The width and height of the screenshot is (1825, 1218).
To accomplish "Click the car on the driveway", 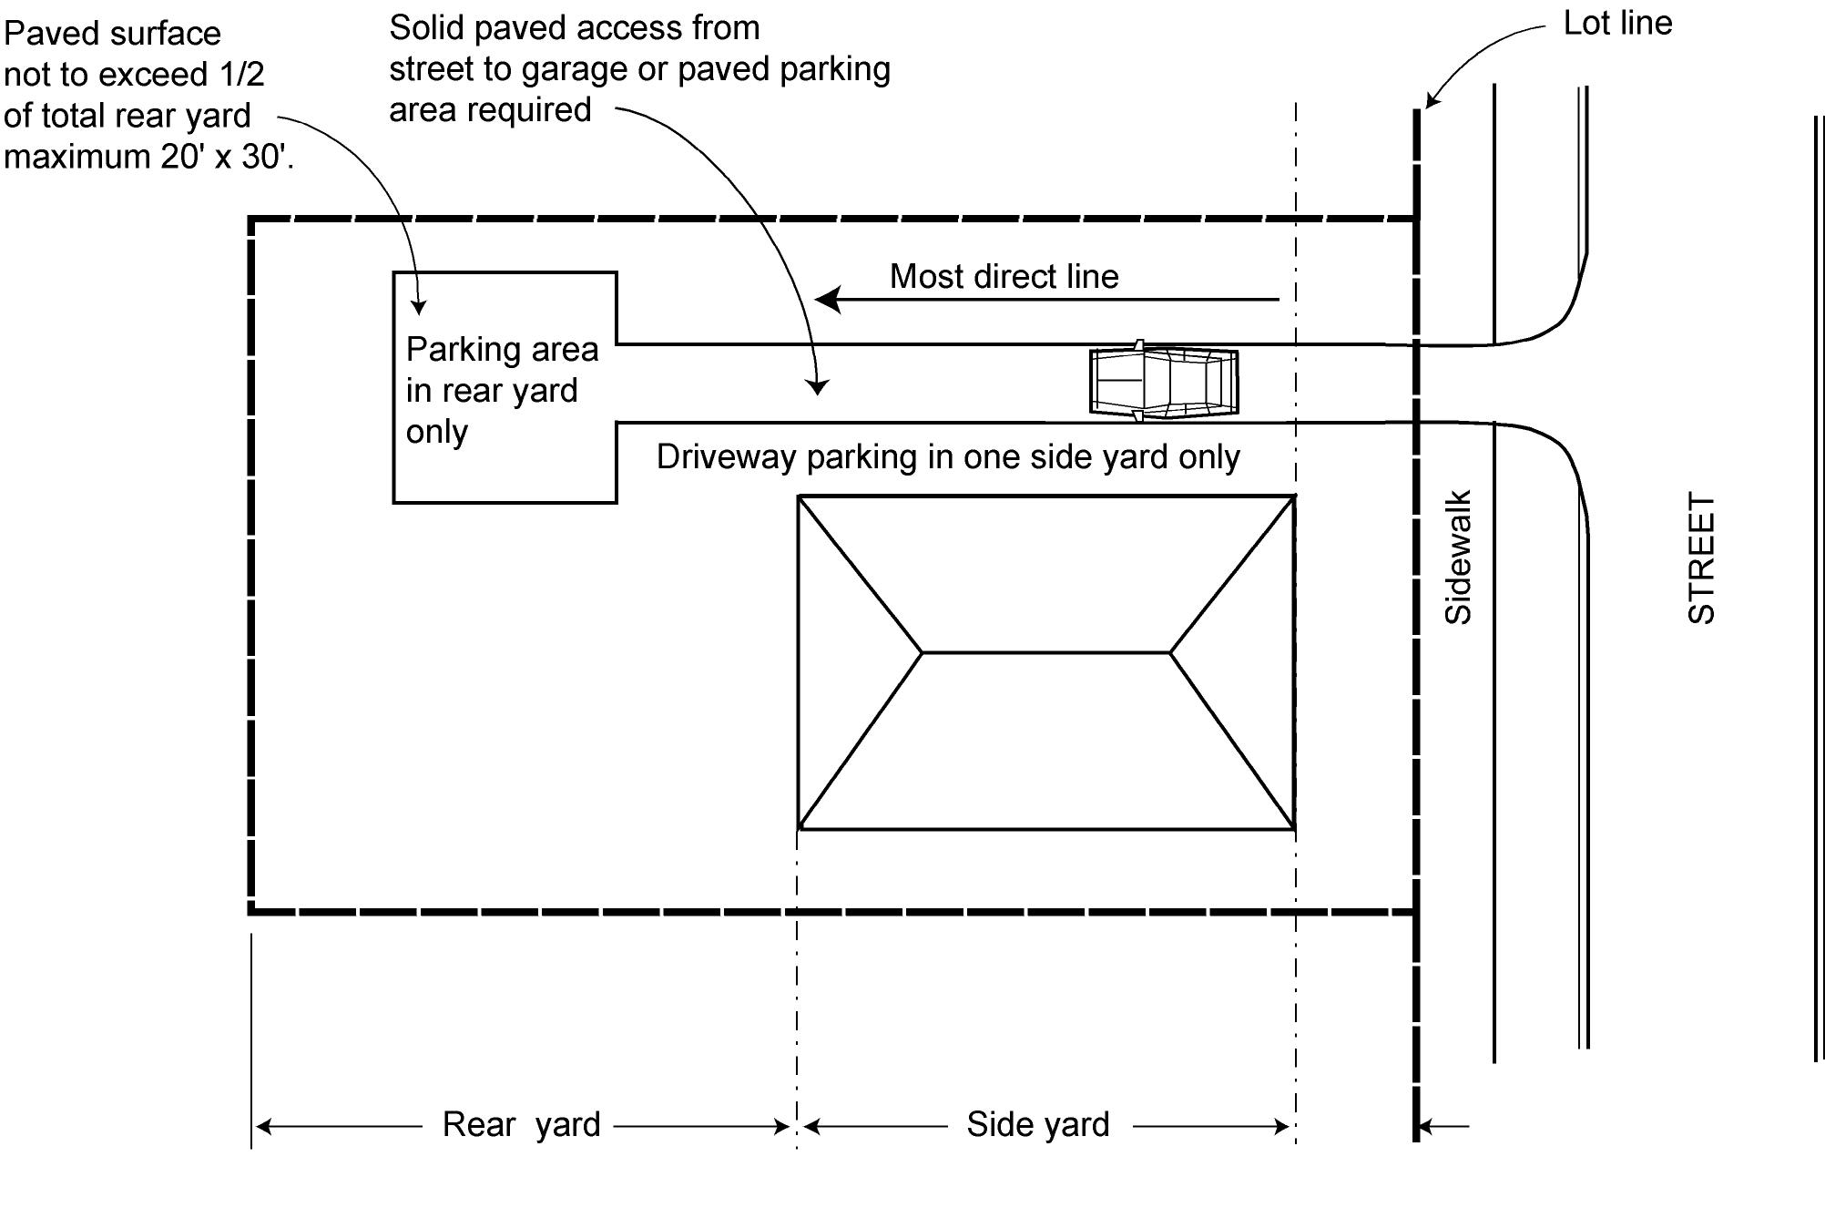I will (1164, 383).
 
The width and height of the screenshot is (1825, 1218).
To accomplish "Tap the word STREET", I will (1701, 558).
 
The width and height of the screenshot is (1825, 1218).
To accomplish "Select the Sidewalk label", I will (1458, 558).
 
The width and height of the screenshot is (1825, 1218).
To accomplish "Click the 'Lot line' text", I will (1617, 24).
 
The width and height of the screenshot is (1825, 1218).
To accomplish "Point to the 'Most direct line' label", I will (1004, 276).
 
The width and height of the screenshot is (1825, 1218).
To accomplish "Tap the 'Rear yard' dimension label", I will (521, 1124).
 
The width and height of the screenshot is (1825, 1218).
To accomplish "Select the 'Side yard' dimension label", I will (1037, 1124).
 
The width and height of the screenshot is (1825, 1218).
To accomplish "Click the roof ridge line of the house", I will (1045, 652).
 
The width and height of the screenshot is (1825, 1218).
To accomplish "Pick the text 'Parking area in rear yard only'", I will (501, 390).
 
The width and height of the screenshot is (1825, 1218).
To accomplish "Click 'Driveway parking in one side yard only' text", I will (947, 456).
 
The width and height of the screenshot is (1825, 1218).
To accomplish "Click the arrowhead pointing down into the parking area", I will (419, 306).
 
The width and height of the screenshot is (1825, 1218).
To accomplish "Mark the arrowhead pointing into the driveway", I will (818, 386).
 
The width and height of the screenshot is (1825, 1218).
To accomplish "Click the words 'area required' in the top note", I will (490, 110).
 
